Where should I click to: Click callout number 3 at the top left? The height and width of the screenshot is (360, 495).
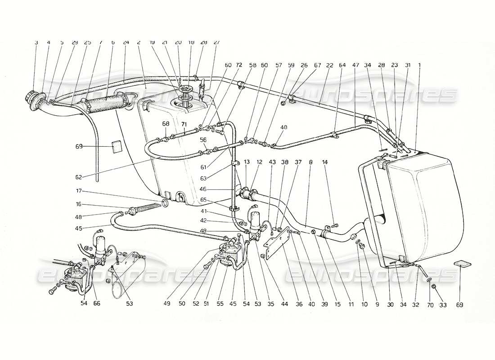point(36,42)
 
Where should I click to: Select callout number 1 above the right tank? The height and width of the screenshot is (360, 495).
point(419,65)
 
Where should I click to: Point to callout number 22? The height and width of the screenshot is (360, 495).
point(329,65)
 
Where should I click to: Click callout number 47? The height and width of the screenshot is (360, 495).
point(356,65)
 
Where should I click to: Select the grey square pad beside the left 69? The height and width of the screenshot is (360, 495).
point(117,146)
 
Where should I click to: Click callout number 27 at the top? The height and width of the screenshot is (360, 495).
point(216,42)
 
